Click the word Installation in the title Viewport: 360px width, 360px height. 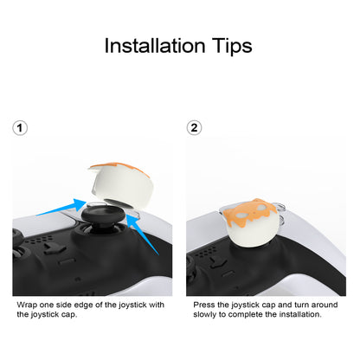[155, 46]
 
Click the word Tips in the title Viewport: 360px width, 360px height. [232, 46]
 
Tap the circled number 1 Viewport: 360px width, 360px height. [20, 128]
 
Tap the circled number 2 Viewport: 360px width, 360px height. [194, 128]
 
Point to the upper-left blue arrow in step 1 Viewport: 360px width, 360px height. [61, 208]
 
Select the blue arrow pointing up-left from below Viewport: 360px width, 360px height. [143, 234]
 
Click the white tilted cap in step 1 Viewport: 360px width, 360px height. [122, 185]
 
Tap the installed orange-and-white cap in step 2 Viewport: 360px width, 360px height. [252, 222]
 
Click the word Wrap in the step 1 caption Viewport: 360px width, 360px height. [27, 305]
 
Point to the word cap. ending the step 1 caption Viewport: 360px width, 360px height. [69, 315]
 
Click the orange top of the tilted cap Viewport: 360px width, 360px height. [119, 168]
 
